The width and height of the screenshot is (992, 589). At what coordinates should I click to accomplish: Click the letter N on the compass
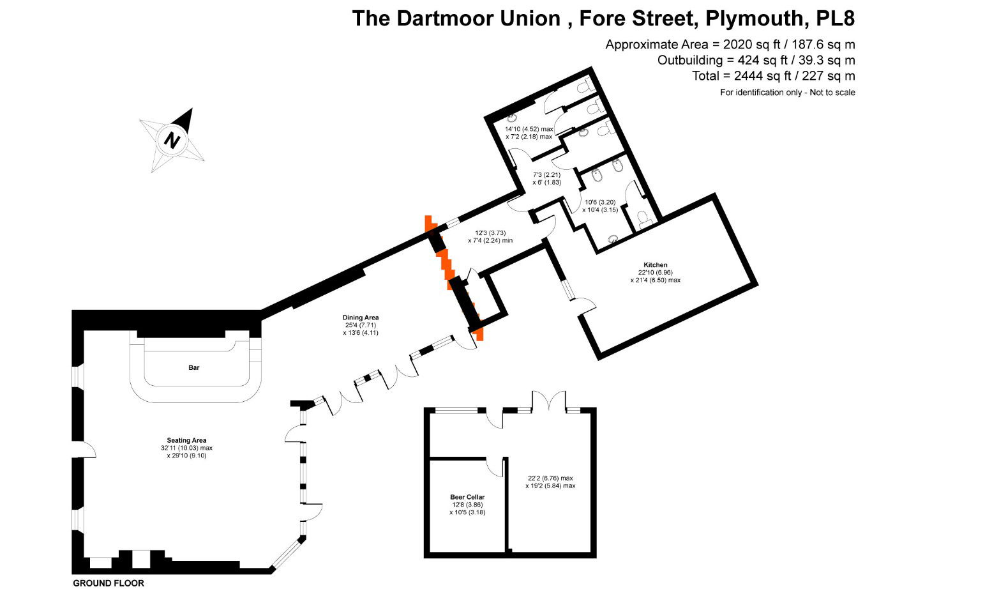click(x=172, y=141)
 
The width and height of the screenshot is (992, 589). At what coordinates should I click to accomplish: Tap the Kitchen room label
click(x=656, y=264)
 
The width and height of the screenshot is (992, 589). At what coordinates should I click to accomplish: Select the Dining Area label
click(x=361, y=317)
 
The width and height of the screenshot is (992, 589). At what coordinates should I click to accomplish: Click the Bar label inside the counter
click(x=194, y=367)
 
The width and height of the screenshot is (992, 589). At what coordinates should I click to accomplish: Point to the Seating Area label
click(x=186, y=440)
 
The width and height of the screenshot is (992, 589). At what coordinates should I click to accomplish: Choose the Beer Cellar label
click(x=467, y=497)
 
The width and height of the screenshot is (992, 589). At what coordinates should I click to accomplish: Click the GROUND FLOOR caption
click(x=109, y=583)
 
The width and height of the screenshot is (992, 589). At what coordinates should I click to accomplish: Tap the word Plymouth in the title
click(x=755, y=19)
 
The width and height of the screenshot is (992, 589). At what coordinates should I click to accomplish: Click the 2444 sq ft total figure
click(x=762, y=76)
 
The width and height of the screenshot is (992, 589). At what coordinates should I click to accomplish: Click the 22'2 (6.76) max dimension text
click(x=550, y=478)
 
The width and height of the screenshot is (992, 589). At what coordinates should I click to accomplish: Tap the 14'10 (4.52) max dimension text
click(x=529, y=129)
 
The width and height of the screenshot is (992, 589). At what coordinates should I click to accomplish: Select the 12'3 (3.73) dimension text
click(x=490, y=233)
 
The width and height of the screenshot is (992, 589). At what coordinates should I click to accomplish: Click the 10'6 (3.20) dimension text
click(x=600, y=202)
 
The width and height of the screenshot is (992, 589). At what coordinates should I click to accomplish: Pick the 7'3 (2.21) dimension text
click(x=546, y=174)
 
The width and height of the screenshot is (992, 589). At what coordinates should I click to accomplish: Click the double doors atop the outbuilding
click(x=549, y=401)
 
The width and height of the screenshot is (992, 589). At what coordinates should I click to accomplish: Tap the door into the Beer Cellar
click(x=495, y=467)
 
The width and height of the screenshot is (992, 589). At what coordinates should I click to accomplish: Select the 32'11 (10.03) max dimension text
click(x=186, y=448)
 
